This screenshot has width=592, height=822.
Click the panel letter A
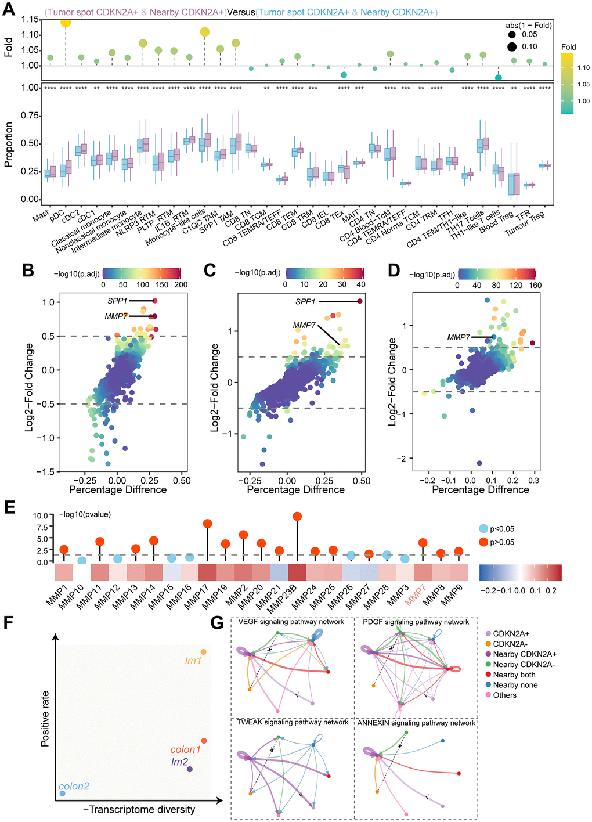(x=9, y=9)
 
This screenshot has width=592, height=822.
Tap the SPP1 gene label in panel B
(x=117, y=301)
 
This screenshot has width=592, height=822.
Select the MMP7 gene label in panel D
(x=459, y=337)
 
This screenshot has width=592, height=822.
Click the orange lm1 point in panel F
(x=203, y=652)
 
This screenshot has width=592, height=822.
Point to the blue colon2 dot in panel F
(x=62, y=794)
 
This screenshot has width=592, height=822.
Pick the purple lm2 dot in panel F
(x=190, y=770)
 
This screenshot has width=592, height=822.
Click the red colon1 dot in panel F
(x=204, y=741)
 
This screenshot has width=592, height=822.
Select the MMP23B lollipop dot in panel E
(x=297, y=516)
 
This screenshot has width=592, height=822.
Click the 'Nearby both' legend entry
(x=514, y=675)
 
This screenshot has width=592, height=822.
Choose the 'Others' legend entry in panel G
(x=504, y=695)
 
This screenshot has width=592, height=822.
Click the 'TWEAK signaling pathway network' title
(x=293, y=722)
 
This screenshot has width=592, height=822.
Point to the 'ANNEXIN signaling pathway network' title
(x=416, y=723)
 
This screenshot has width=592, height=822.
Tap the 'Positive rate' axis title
(x=45, y=719)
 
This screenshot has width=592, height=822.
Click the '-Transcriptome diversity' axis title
(x=139, y=809)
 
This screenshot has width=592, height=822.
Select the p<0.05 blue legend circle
(x=483, y=529)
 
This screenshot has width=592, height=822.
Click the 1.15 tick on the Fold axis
(x=30, y=20)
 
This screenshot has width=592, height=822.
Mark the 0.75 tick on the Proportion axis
(x=30, y=116)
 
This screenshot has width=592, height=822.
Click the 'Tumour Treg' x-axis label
(x=526, y=224)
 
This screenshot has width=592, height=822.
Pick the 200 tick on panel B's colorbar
(x=181, y=285)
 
